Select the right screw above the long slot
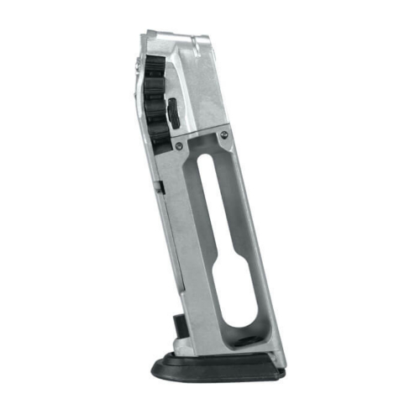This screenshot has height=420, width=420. [223, 134]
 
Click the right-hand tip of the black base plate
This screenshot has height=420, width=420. [283, 371]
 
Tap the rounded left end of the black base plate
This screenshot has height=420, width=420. [155, 367]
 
